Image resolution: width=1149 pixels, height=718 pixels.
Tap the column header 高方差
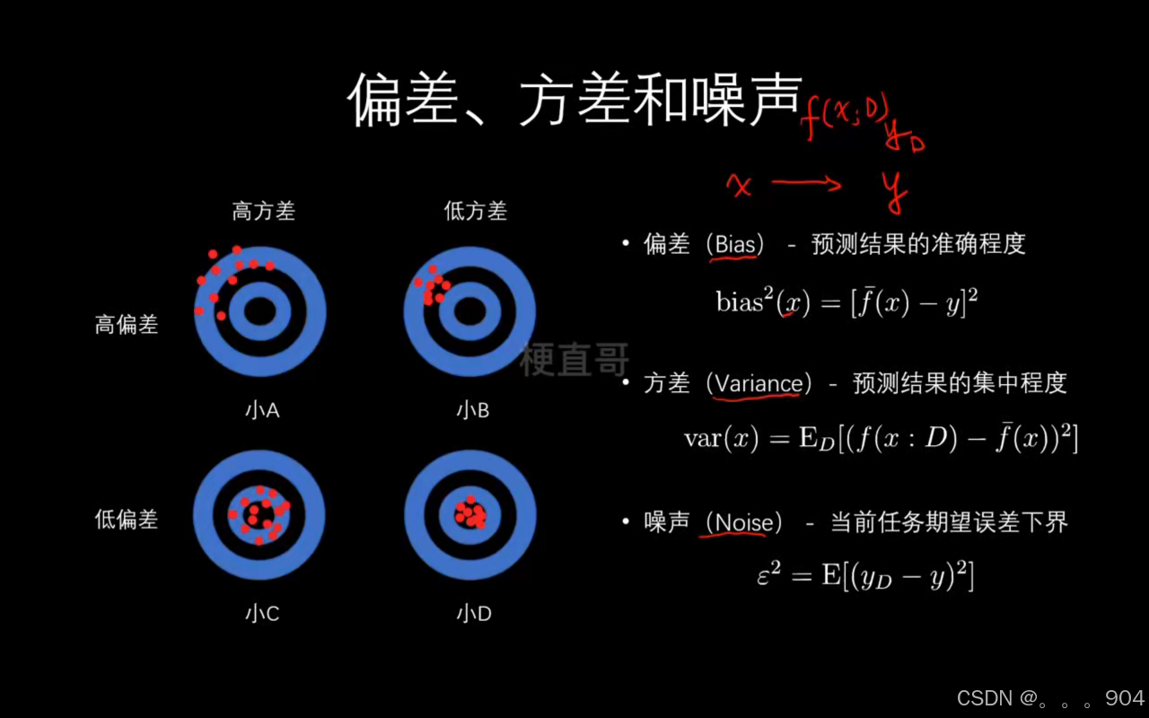click(x=263, y=211)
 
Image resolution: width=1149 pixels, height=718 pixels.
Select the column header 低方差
click(x=475, y=211)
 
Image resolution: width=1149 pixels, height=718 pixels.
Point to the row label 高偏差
click(x=127, y=324)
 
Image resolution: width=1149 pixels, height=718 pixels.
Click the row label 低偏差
click(x=127, y=519)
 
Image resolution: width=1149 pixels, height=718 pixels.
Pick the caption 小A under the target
click(x=262, y=411)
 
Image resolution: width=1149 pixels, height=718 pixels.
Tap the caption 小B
click(x=473, y=411)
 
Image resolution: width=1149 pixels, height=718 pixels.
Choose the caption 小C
click(x=262, y=614)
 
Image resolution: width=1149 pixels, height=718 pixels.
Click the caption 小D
click(x=473, y=614)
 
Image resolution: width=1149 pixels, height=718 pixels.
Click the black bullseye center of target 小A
click(x=259, y=311)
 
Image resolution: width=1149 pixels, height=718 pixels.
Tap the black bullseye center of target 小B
click(x=469, y=311)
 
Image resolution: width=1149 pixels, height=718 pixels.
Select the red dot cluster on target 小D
click(x=469, y=513)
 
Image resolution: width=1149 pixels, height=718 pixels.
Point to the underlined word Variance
click(x=759, y=383)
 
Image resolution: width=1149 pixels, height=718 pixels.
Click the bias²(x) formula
click(x=846, y=302)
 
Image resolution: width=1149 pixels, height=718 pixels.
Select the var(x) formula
click(x=880, y=438)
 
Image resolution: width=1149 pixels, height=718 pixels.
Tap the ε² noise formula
click(x=864, y=575)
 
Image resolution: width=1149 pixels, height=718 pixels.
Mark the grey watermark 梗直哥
click(x=574, y=359)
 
